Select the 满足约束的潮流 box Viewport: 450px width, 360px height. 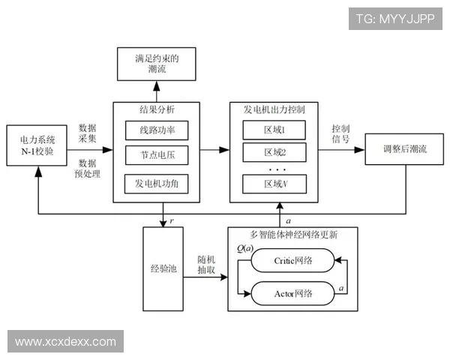tap(157, 64)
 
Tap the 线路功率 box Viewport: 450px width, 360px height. tap(156, 130)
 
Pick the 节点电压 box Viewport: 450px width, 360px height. tap(156, 157)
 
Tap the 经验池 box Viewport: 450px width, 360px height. tap(163, 267)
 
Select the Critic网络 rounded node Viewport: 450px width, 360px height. tap(292, 261)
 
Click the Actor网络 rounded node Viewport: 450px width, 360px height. tap(292, 292)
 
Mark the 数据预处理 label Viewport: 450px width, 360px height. tap(88, 169)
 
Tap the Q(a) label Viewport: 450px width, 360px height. tap(244, 247)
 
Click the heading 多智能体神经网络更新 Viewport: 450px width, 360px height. tap(293, 233)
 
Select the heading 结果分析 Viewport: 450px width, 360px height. tap(157, 109)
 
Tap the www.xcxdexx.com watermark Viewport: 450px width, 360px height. tap(66, 342)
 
